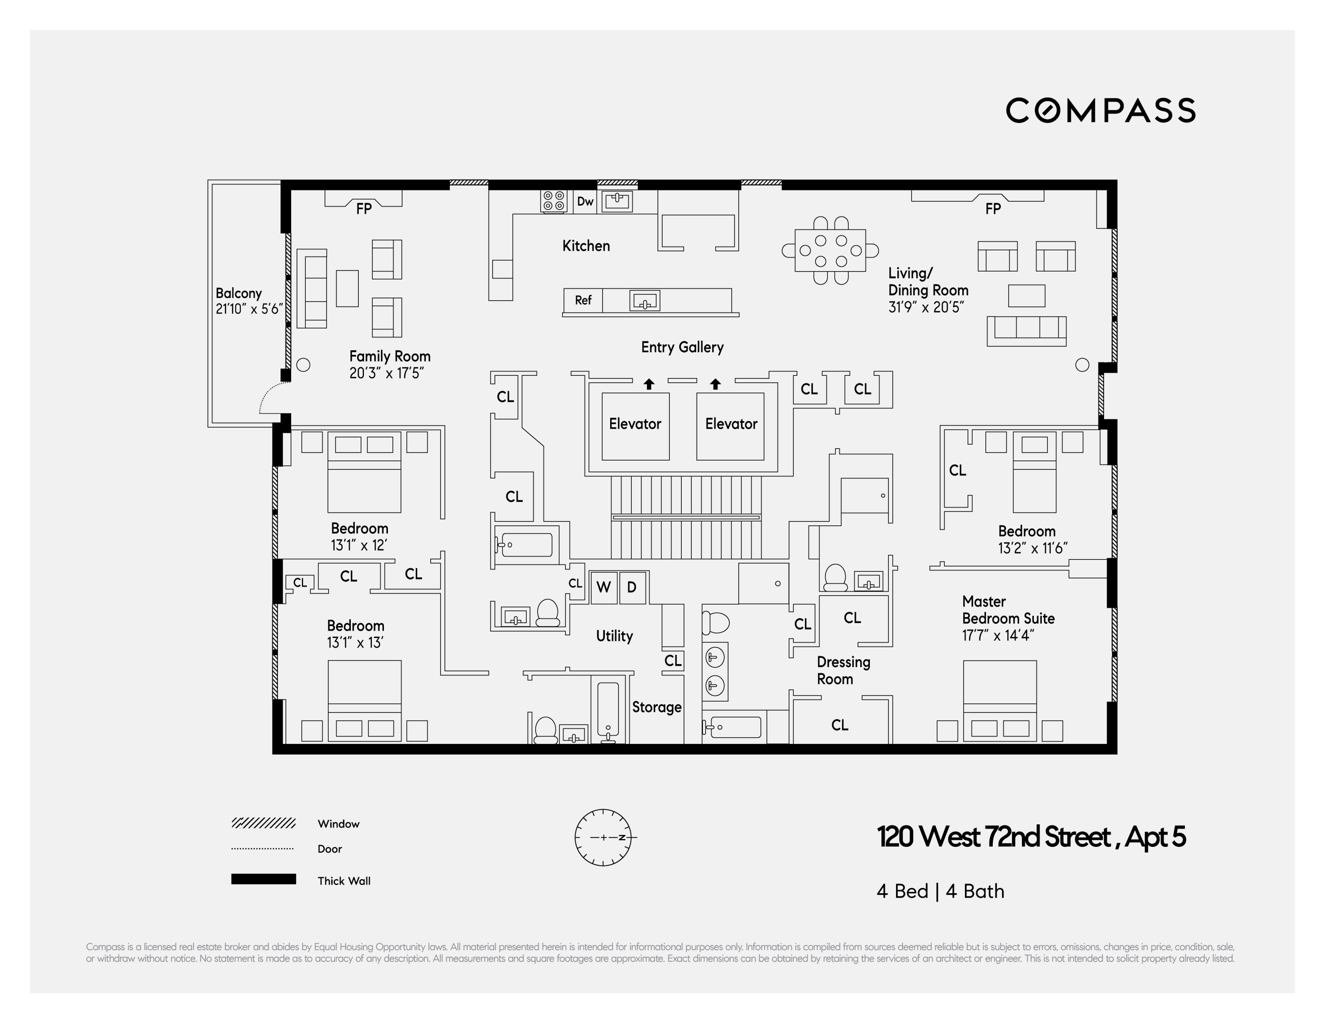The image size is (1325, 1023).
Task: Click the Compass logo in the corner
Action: pyautogui.click(x=1100, y=110)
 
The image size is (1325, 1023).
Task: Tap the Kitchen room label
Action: pyautogui.click(x=585, y=245)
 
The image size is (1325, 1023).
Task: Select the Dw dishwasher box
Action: pyautogui.click(x=585, y=201)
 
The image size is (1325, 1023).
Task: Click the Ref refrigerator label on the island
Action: pyautogui.click(x=583, y=300)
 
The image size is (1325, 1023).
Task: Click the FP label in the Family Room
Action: pyautogui.click(x=364, y=208)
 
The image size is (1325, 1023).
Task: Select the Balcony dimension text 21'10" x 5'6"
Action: pyautogui.click(x=249, y=309)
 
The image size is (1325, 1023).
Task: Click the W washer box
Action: pyautogui.click(x=603, y=587)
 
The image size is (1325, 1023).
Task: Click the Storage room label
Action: pyautogui.click(x=657, y=707)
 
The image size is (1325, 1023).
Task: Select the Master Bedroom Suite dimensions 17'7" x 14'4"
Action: pyautogui.click(x=998, y=635)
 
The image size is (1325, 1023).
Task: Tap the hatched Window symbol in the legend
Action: pyautogui.click(x=263, y=823)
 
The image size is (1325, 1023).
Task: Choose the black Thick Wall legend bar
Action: pyautogui.click(x=263, y=879)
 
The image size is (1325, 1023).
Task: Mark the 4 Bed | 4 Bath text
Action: pyautogui.click(x=940, y=891)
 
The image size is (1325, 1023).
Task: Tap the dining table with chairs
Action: pyautogui.click(x=830, y=250)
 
